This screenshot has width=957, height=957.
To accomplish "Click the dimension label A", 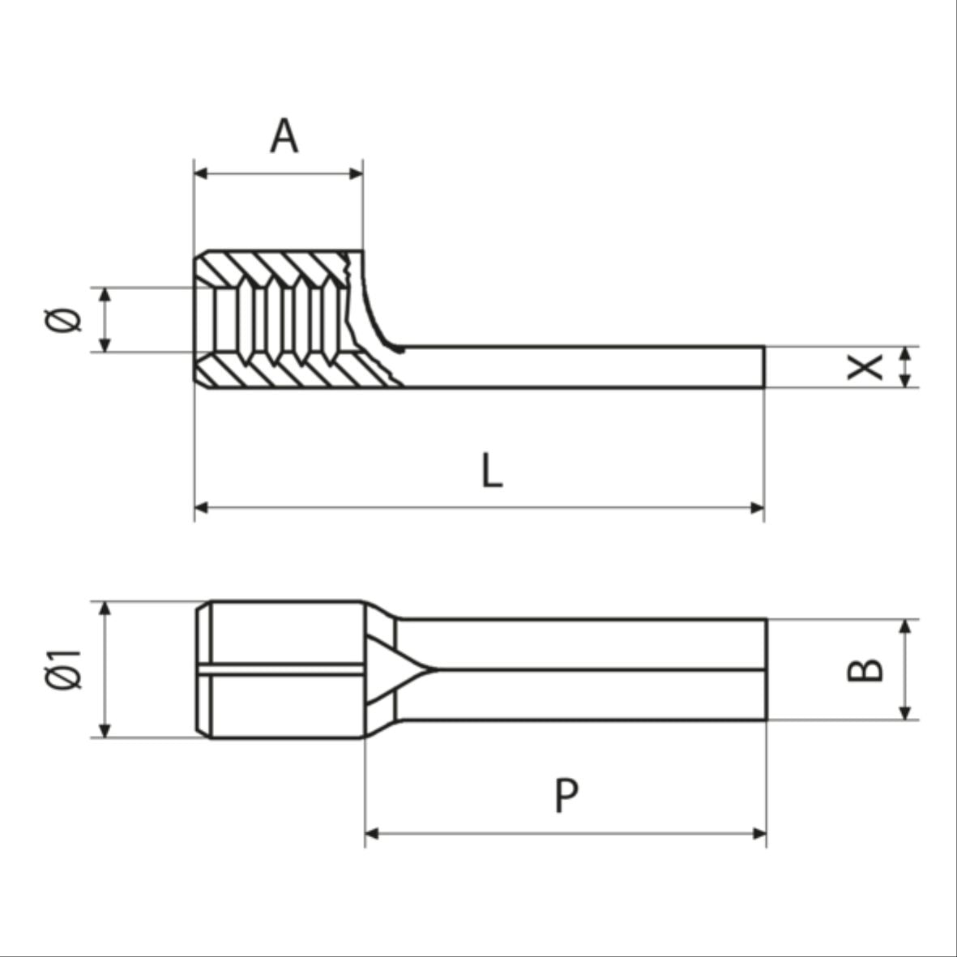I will (284, 135).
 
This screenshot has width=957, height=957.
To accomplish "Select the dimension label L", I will (492, 471).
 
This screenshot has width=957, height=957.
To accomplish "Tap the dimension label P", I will (566, 795).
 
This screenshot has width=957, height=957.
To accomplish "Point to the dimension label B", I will (865, 669).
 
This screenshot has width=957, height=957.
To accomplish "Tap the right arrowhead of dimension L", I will (757, 508).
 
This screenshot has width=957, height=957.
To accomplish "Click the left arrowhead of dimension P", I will (373, 833).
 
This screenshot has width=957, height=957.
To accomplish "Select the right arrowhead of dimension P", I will (758, 833).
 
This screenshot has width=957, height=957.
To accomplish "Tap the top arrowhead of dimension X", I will (906, 352).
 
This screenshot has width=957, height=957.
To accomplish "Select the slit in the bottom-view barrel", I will (284, 669).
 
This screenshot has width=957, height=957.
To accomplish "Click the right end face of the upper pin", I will (763, 366).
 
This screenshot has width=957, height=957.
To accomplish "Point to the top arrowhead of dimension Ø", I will (104, 294).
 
